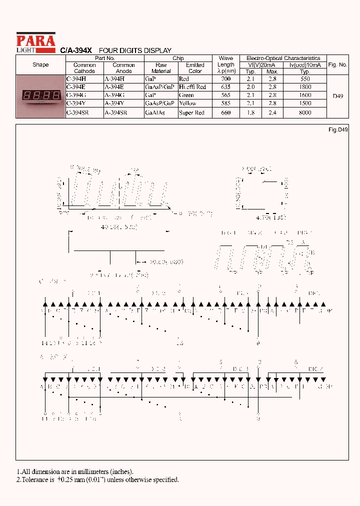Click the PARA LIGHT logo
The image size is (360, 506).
point(35,42)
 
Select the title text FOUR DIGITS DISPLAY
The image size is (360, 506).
point(135,50)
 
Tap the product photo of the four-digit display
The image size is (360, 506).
point(40,95)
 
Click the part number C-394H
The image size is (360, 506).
point(76,79)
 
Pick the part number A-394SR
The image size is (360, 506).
point(116,113)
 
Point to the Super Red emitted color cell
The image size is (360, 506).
point(191,113)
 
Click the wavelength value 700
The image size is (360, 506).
point(225,79)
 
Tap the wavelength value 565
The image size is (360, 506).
point(225,95)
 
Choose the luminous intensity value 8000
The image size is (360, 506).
point(304,113)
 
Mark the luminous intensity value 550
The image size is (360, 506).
point(304,79)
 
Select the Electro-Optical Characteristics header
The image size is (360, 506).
point(283,58)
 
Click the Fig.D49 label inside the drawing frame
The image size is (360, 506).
point(338,129)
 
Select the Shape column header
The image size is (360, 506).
point(40,64)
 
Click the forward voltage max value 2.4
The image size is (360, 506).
point(272,113)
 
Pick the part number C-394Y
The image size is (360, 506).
point(76,103)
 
